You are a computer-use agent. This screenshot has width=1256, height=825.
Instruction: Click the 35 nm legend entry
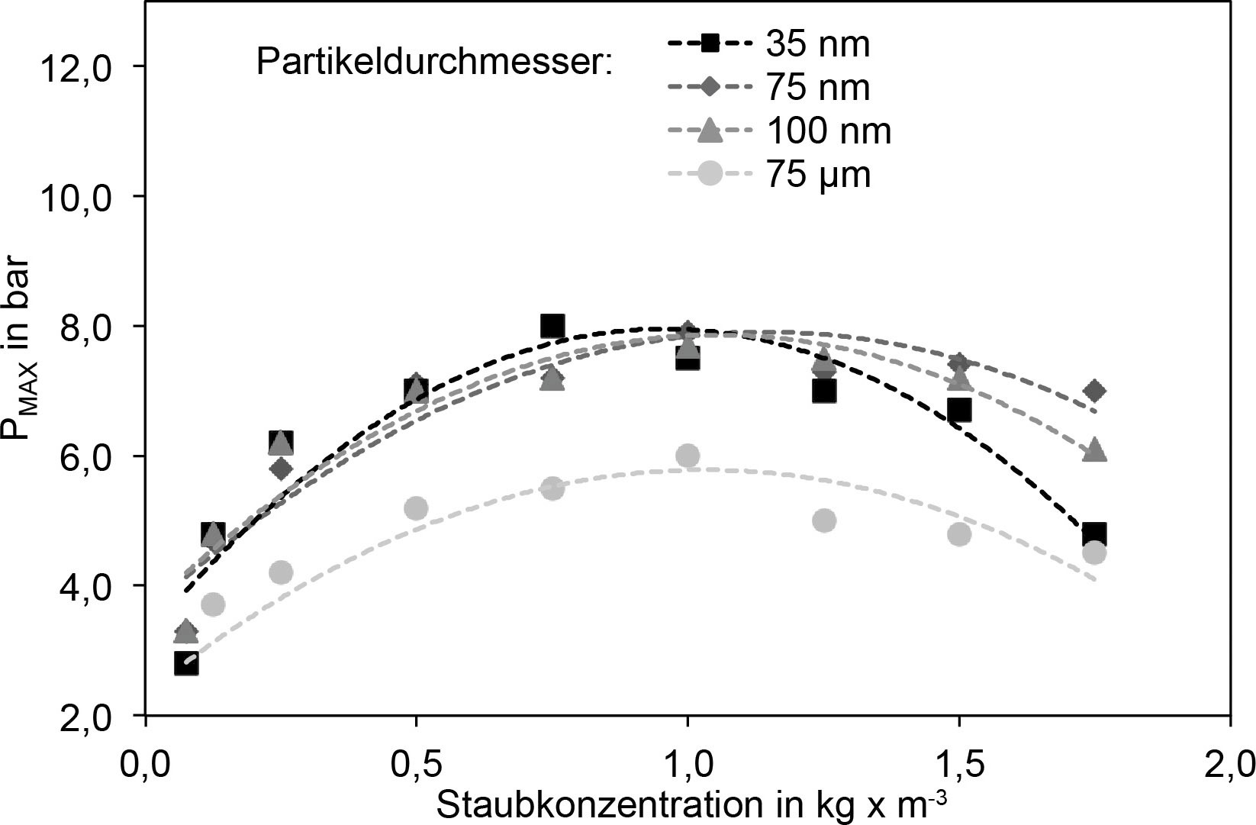817,44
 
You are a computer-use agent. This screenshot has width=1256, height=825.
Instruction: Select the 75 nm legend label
817,88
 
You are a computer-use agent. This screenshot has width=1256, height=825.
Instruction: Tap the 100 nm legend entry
828,131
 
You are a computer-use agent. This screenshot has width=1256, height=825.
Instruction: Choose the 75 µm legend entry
817,176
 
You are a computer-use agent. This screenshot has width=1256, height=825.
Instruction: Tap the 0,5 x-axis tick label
416,763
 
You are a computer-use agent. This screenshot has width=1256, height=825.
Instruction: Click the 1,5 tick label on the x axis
958,763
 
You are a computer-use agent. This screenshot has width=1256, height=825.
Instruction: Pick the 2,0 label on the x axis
1229,763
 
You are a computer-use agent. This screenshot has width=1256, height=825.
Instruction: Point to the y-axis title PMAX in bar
18,359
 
